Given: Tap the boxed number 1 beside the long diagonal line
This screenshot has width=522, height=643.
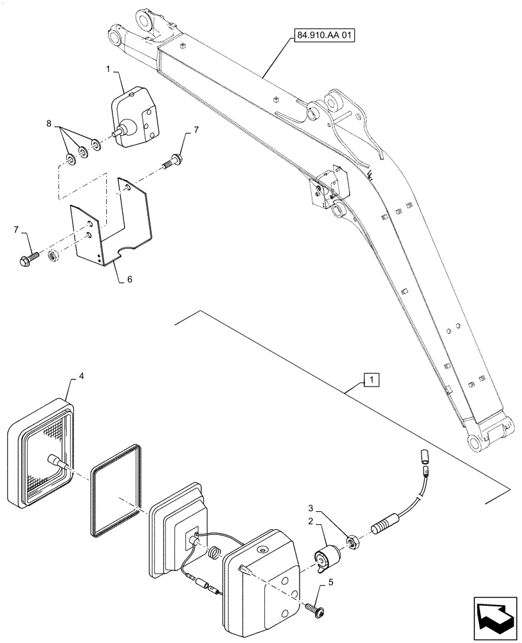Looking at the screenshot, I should (371, 379).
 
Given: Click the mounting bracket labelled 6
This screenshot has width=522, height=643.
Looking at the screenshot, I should (113, 225).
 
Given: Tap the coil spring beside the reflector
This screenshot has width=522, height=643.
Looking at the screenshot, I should (214, 552).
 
